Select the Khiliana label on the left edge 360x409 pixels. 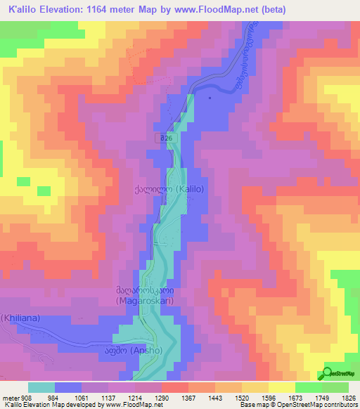(x=19, y=318)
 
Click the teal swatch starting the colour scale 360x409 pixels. (x=41, y=387)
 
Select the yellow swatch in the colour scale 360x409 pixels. (x=282, y=387)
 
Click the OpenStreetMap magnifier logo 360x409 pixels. (x=327, y=373)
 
